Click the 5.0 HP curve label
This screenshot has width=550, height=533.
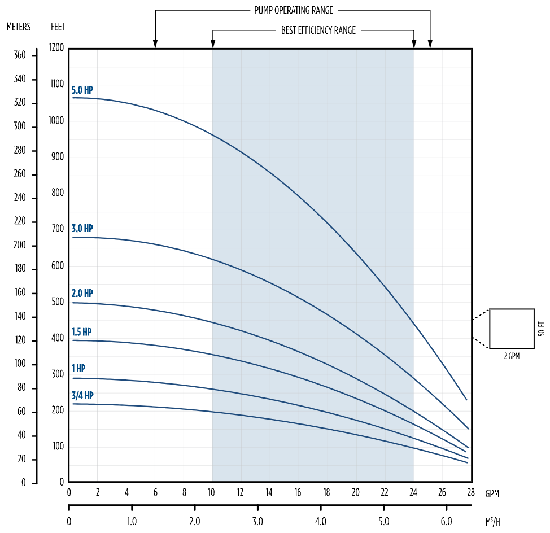(x=82, y=90)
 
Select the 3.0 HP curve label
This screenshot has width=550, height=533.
(x=82, y=229)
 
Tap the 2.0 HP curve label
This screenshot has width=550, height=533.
(x=82, y=294)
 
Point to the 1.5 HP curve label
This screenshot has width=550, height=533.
(x=82, y=331)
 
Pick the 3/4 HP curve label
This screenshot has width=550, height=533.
(x=82, y=395)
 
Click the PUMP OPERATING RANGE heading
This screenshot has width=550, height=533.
(x=293, y=10)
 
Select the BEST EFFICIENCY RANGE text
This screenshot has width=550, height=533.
(x=318, y=30)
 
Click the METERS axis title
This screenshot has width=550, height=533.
(x=19, y=27)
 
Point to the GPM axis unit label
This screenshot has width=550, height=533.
(x=492, y=493)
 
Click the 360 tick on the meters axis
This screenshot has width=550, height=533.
(x=20, y=55)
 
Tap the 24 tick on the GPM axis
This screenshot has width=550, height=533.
(x=413, y=492)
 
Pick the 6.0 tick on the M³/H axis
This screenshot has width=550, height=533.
(x=446, y=521)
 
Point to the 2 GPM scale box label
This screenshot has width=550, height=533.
(x=511, y=357)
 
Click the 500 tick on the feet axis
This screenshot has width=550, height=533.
(x=58, y=302)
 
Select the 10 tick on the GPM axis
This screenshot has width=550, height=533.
(x=212, y=492)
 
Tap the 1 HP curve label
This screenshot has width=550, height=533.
(x=78, y=369)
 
